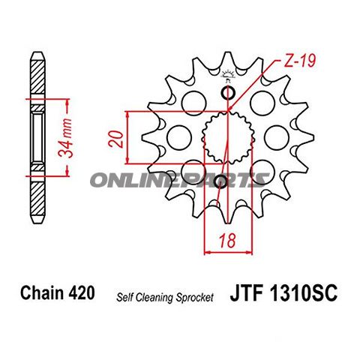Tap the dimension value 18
coord(223,241)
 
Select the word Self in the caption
coord(124,297)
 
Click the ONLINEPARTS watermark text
coord(180,180)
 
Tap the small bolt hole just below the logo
coord(229,92)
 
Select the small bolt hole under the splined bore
coord(220,182)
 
